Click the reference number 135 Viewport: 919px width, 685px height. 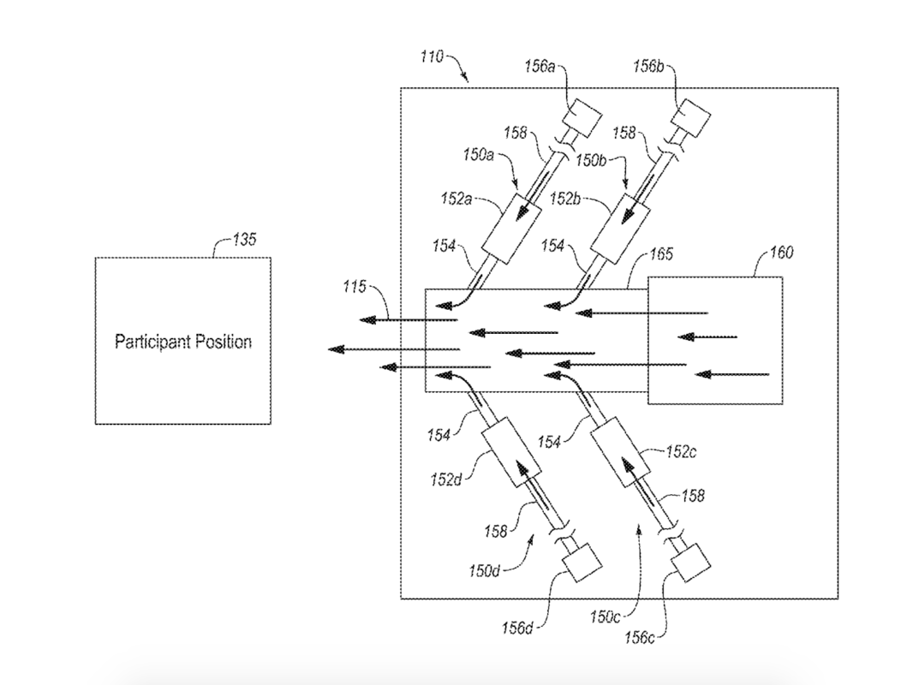point(244,241)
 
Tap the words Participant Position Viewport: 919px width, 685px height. point(183,342)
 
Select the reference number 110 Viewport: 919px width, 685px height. point(431,57)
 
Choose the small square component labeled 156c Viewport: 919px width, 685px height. point(689,563)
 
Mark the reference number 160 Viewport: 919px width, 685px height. point(781,253)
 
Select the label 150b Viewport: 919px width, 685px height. point(591,159)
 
